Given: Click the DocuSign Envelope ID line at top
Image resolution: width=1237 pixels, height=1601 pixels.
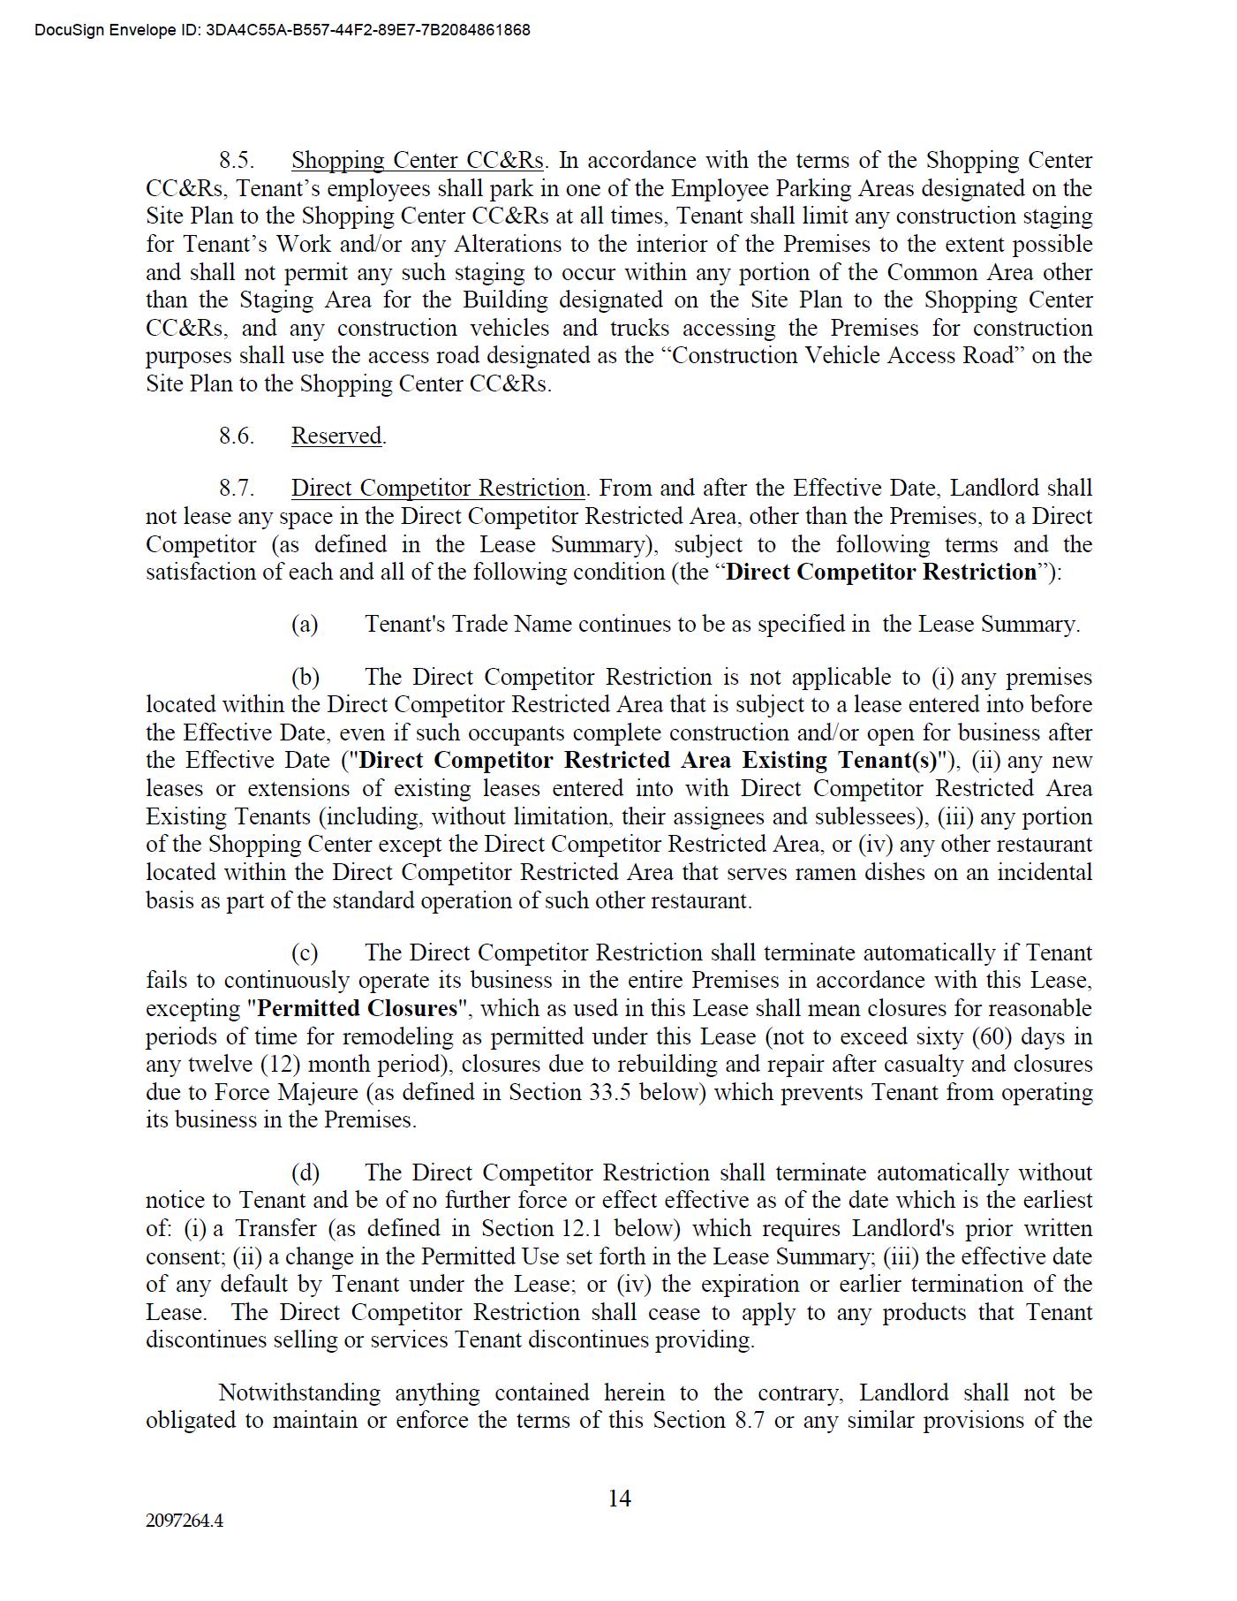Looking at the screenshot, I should tap(283, 30).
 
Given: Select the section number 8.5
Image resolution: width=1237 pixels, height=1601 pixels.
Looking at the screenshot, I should tap(237, 161).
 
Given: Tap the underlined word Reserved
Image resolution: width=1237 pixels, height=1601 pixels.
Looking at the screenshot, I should tap(336, 436).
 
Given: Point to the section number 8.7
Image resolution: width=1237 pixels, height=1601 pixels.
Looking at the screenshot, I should tap(237, 489).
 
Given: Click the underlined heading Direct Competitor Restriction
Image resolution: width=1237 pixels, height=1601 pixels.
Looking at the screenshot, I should tap(438, 489).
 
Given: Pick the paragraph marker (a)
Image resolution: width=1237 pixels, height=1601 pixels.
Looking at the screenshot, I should tap(305, 625).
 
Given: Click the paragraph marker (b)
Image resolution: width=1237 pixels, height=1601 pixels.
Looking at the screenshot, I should tap(305, 678).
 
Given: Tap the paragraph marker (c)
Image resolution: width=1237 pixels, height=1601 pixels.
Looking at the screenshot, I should tap(305, 953).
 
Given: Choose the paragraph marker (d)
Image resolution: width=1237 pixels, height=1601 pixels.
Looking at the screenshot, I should tap(305, 1173).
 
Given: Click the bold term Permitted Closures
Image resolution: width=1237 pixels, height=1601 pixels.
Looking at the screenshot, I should tap(358, 1009).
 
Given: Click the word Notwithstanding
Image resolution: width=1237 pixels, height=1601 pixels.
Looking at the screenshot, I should tap(299, 1393).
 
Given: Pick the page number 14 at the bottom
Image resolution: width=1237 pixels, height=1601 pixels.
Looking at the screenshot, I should tap(619, 1499).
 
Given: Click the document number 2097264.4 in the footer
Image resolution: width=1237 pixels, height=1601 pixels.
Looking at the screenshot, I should tap(185, 1521).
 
